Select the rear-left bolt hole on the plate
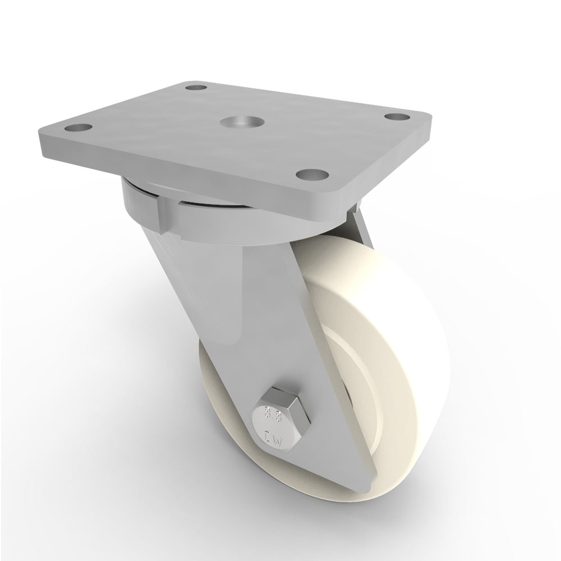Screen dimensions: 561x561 (x=194, y=88)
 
